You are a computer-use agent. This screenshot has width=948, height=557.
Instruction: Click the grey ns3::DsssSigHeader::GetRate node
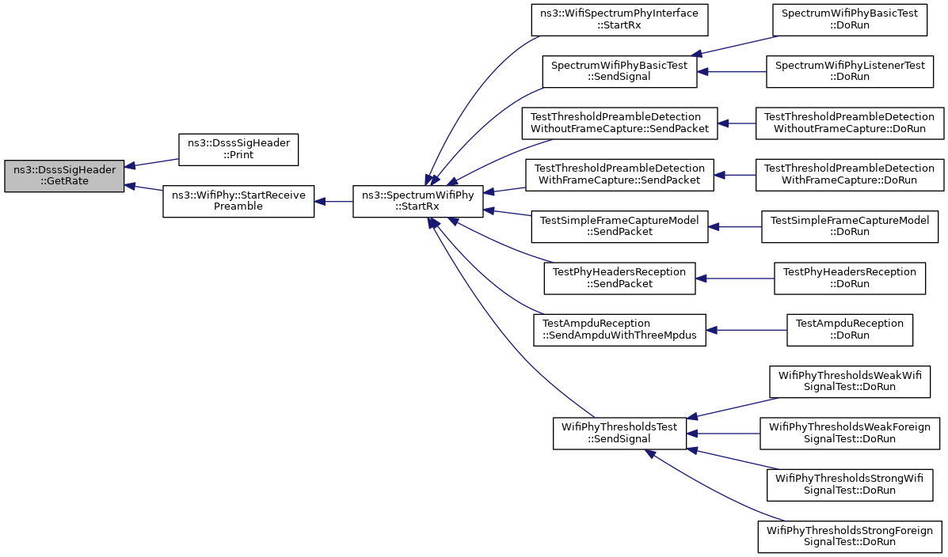pyautogui.click(x=64, y=176)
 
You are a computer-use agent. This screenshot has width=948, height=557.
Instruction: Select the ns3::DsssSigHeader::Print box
pyautogui.click(x=238, y=150)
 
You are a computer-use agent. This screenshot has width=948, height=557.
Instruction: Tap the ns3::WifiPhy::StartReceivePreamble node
pyautogui.click(x=238, y=201)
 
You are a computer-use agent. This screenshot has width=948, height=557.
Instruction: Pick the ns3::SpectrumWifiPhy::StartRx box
pyautogui.click(x=418, y=201)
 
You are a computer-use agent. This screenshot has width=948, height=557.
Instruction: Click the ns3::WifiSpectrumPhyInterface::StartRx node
pyautogui.click(x=619, y=20)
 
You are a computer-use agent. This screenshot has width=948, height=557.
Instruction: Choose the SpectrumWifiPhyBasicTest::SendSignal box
pyautogui.click(x=619, y=71)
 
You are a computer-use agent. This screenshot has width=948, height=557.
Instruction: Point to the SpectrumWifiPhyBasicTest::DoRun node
pyautogui.click(x=850, y=20)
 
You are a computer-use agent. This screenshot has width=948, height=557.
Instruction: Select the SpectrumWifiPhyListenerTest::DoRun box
pyautogui.click(x=850, y=71)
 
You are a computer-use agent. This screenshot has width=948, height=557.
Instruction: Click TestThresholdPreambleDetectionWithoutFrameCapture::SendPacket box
pyautogui.click(x=619, y=123)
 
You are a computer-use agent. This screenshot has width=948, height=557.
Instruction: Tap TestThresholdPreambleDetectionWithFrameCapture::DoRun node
pyautogui.click(x=850, y=175)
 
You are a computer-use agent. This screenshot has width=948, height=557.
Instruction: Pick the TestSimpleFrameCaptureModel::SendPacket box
pyautogui.click(x=619, y=227)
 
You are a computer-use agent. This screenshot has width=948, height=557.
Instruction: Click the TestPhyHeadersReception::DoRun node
pyautogui.click(x=850, y=278)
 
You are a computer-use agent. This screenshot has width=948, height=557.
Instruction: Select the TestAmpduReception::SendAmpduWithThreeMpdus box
pyautogui.click(x=619, y=331)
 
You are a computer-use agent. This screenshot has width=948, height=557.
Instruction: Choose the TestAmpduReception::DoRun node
pyautogui.click(x=850, y=331)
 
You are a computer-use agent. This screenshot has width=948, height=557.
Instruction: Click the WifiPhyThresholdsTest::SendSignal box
pyautogui.click(x=619, y=433)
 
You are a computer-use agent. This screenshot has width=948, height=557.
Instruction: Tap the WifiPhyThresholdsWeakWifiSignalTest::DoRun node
pyautogui.click(x=850, y=382)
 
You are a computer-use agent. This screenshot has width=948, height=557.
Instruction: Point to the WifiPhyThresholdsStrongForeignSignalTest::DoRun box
pyautogui.click(x=850, y=536)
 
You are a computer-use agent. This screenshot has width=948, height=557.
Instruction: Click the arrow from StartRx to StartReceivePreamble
pyautogui.click(x=333, y=201)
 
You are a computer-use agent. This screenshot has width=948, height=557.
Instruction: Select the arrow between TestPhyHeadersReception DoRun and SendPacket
pyautogui.click(x=735, y=278)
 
